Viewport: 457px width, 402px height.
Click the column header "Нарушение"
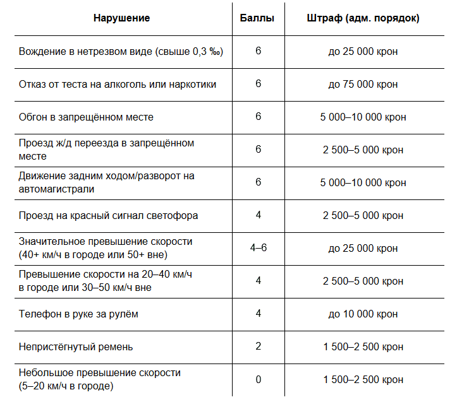tap(121, 18)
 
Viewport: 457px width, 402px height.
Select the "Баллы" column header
tap(258, 18)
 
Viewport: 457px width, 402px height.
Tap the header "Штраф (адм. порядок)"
tap(363, 18)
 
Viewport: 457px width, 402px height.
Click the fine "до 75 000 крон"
tap(363, 84)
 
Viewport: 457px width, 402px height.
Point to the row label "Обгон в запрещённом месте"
tap(87, 117)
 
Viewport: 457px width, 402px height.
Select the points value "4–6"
tap(258, 248)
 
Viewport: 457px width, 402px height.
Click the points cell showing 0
tap(258, 379)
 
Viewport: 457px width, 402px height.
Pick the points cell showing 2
tap(258, 346)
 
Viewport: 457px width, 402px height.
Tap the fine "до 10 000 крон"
tap(363, 314)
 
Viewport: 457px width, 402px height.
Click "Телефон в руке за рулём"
tap(78, 314)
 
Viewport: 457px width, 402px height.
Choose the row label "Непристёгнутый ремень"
tap(76, 346)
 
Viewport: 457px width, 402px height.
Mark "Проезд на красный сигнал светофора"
tap(109, 215)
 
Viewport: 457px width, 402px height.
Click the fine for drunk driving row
tap(363, 51)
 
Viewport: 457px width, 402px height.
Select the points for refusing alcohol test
tap(258, 84)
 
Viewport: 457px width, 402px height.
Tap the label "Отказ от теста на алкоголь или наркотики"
tap(118, 84)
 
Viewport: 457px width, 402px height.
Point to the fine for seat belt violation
tap(363, 346)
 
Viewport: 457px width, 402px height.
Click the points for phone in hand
tap(258, 314)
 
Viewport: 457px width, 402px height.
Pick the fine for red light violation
tap(363, 215)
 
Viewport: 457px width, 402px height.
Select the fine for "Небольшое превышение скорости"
tap(363, 379)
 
